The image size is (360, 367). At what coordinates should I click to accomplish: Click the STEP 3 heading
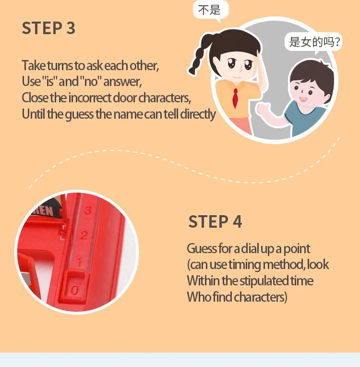tap(48, 28)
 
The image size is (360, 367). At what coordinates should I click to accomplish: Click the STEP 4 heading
tap(215, 221)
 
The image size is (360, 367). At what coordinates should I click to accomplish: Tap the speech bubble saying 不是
tap(211, 10)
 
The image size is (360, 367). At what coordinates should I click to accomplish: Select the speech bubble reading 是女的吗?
tap(313, 42)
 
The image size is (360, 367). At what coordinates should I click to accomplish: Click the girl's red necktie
tap(235, 98)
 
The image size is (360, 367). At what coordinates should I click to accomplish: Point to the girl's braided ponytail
tap(199, 55)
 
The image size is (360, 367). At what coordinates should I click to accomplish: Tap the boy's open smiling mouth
tap(303, 99)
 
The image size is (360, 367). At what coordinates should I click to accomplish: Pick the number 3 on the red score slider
tap(88, 210)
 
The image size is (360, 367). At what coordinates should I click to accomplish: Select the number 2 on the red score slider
tap(84, 235)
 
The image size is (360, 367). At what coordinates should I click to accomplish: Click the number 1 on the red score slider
tap(80, 261)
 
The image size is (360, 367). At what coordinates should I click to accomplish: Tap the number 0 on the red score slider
tap(74, 291)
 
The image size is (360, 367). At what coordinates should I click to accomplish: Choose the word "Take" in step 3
tap(34, 65)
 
